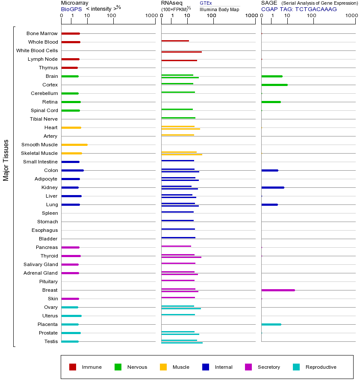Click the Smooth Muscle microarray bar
tap(74, 145)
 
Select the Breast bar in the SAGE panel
tap(278, 290)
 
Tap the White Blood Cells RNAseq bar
tap(181, 52)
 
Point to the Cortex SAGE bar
tap(274, 85)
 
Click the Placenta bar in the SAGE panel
tap(271, 324)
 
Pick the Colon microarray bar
tap(72, 170)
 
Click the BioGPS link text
tap(71, 9)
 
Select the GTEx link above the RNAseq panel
tap(206, 3)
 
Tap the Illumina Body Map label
tap(219, 9)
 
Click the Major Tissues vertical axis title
tap(6, 160)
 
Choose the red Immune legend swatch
tap(73, 367)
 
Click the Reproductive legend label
tap(321, 367)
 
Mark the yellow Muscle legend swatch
tap(163, 367)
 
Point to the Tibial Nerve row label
tap(44, 119)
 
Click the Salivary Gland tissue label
tap(41, 264)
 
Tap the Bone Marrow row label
tap(42, 33)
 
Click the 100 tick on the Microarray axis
tap(112, 16)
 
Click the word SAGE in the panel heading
tap(269, 3)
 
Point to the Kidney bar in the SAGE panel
tap(272, 187)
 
